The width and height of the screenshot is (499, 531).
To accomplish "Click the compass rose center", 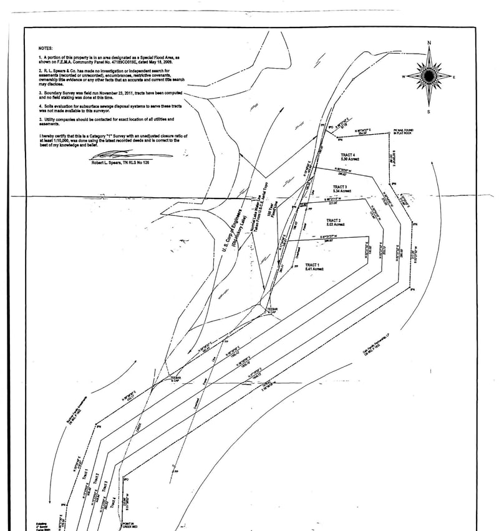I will (429, 76).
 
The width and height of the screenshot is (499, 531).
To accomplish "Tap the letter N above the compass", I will (429, 42).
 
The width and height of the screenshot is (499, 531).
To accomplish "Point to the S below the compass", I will (429, 112).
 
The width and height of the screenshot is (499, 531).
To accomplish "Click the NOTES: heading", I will (46, 48).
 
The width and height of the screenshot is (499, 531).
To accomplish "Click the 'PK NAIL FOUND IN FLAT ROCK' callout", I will (403, 132).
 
